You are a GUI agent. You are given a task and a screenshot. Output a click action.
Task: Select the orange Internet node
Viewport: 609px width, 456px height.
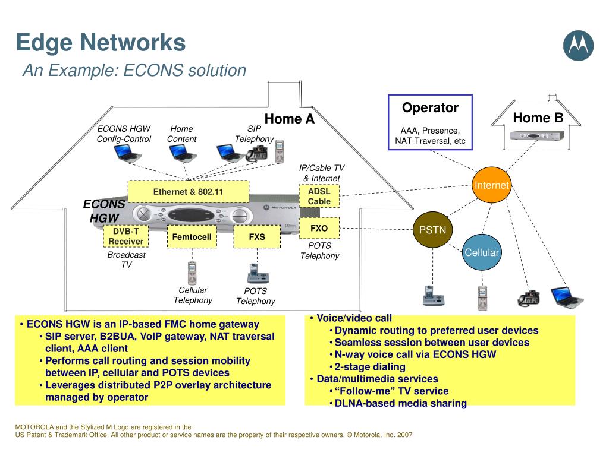[491, 185]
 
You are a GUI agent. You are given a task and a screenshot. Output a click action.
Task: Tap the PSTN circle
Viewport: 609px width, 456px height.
[432, 230]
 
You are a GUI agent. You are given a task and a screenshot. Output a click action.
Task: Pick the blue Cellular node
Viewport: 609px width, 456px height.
[482, 252]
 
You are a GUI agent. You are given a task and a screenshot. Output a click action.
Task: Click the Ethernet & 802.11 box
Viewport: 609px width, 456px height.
[189, 192]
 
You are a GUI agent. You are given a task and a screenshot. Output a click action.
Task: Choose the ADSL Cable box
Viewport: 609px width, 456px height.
[319, 197]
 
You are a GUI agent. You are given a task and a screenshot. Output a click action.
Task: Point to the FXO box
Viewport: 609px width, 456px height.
[319, 229]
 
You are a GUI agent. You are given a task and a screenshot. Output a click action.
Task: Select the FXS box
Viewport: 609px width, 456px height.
[257, 237]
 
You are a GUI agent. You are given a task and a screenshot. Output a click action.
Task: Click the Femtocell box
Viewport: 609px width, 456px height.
[192, 237]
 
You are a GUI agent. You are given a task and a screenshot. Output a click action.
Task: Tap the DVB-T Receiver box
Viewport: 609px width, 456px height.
[125, 236]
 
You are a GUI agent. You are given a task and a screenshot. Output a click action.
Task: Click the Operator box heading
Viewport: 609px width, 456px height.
[430, 108]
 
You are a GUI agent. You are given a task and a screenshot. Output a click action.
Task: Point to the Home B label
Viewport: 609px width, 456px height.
[538, 118]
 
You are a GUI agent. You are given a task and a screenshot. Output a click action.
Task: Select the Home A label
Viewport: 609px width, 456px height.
[289, 119]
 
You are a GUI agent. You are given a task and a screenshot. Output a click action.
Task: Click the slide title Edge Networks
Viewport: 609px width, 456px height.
[101, 43]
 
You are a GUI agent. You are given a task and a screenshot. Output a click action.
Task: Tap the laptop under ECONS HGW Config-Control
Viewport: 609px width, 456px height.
[127, 153]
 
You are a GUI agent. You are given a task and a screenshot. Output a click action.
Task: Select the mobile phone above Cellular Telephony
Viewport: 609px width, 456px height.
[192, 273]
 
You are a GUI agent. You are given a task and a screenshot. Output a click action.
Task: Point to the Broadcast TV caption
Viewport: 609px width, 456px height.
[126, 259]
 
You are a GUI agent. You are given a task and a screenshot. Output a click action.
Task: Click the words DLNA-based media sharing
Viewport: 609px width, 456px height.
[400, 403]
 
